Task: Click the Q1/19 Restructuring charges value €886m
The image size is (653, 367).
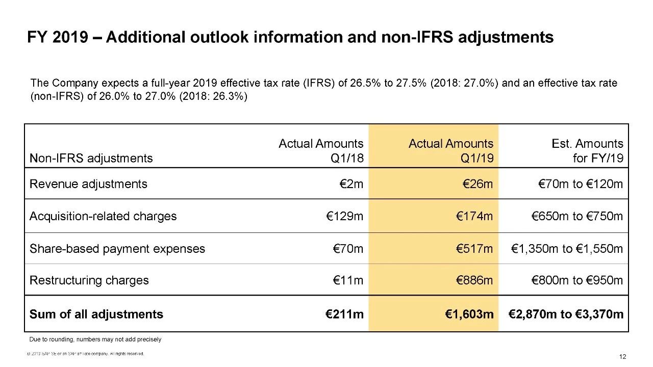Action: (475, 280)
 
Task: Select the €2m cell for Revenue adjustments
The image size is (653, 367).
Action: (351, 184)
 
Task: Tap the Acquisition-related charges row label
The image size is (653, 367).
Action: (103, 216)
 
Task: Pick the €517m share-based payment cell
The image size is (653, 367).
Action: (475, 249)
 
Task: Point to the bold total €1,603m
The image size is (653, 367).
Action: (469, 314)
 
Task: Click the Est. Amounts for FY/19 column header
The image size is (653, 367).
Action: (587, 151)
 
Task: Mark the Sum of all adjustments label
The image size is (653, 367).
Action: (96, 314)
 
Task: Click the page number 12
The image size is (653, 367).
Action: (622, 357)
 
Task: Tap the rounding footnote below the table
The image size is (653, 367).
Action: (95, 339)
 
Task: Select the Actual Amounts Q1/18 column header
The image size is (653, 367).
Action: (321, 151)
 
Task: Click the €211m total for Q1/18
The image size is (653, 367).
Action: (345, 314)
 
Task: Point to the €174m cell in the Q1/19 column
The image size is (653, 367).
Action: (475, 216)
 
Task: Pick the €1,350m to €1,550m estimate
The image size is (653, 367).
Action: (567, 249)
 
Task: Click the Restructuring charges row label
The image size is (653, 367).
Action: (89, 280)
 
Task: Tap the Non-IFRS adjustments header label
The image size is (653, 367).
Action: (91, 158)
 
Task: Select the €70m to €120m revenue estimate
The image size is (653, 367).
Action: (581, 184)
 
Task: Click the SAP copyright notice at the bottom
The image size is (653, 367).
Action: (86, 354)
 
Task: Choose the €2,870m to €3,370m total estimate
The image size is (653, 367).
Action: (566, 314)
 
